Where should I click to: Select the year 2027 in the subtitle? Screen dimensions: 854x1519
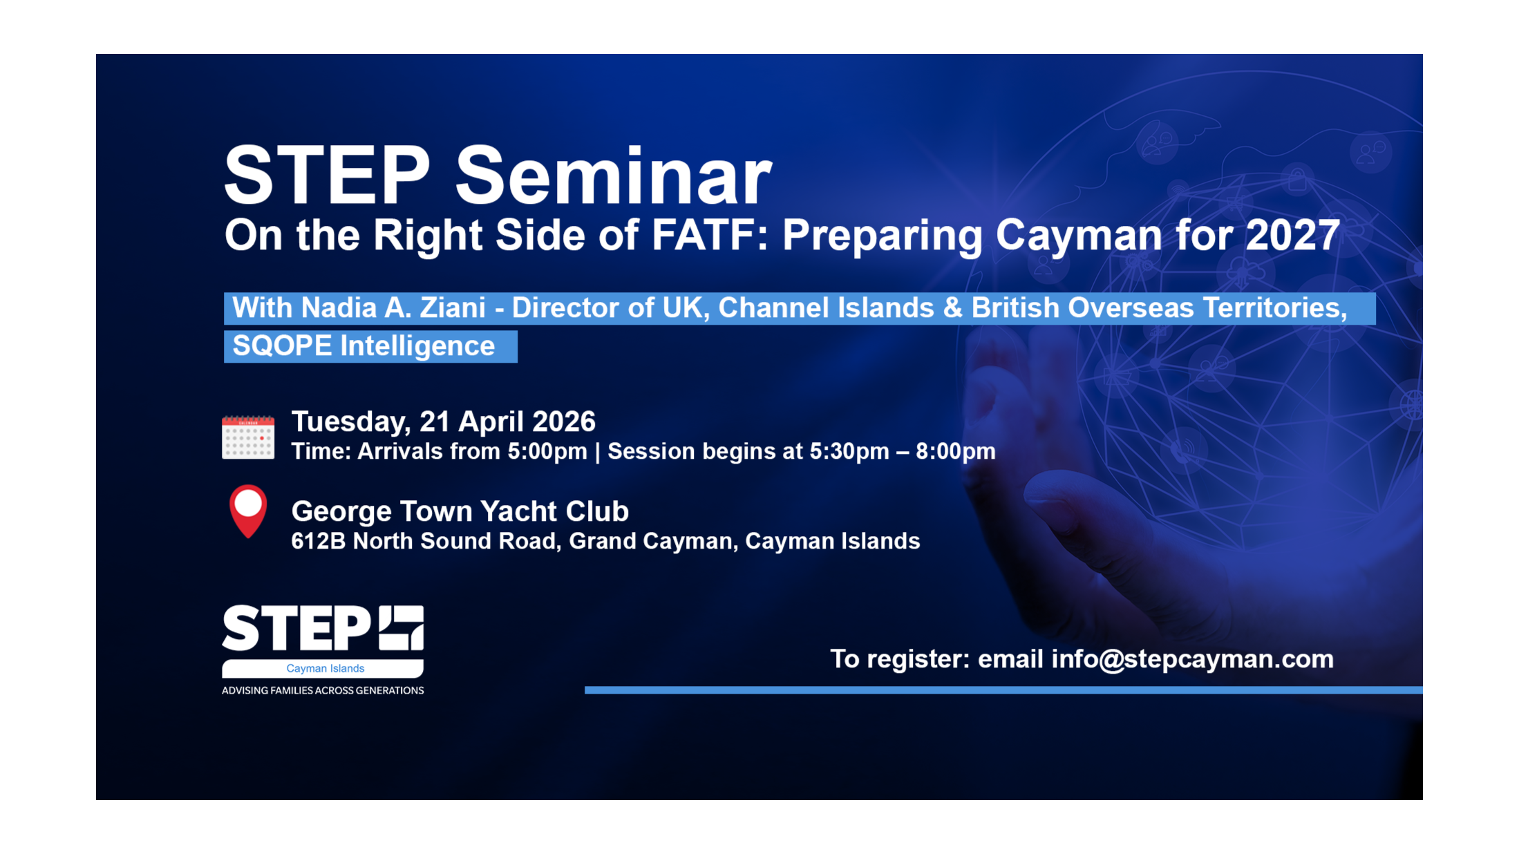click(1292, 236)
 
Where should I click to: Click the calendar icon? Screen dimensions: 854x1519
click(248, 437)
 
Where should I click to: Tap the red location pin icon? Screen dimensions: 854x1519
click(248, 510)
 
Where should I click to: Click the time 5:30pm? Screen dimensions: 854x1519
click(849, 452)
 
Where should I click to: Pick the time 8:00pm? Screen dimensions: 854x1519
click(955, 452)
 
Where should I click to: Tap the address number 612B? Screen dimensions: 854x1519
click(318, 541)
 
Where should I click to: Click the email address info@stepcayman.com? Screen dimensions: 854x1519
click(1192, 659)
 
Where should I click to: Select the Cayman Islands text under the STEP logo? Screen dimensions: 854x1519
click(325, 669)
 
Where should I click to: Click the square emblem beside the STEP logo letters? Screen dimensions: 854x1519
click(401, 628)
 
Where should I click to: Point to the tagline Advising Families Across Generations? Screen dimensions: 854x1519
click(323, 690)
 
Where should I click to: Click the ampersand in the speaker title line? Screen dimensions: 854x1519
click(952, 308)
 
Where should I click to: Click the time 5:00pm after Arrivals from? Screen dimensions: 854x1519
click(547, 452)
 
